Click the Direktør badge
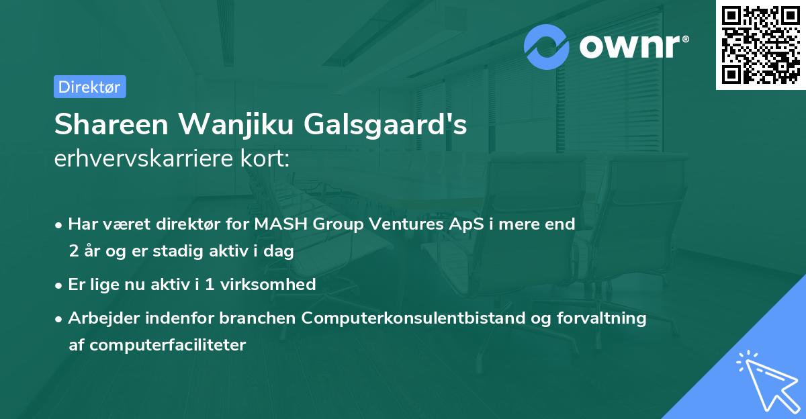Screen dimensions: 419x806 (89, 87)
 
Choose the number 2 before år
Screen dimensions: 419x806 (73, 251)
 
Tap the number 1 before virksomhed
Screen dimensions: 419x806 (210, 284)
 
